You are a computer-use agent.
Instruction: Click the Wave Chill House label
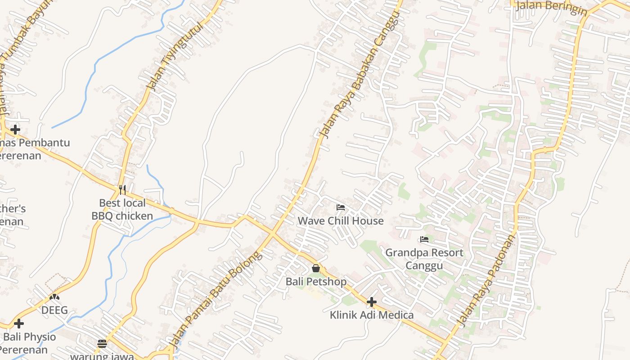[x=341, y=221]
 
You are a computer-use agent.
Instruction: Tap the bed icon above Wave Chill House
[x=341, y=207]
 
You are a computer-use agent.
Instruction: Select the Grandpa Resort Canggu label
[x=424, y=259]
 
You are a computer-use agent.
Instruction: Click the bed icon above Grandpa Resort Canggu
[x=424, y=239]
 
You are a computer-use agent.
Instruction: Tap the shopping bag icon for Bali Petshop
[x=316, y=268]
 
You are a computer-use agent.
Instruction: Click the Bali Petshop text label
[x=316, y=282]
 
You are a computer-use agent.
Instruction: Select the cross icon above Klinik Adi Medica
[x=372, y=301]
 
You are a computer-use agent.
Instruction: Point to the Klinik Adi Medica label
[x=372, y=315]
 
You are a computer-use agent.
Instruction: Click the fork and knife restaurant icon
[x=122, y=189]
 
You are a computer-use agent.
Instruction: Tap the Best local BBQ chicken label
[x=122, y=210]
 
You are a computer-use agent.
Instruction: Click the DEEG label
[x=54, y=310]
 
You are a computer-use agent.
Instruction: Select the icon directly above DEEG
[x=54, y=297]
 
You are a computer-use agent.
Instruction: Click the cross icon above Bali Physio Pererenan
[x=19, y=324]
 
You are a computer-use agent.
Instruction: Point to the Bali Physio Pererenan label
[x=29, y=343]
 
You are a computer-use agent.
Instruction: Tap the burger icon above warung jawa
[x=102, y=344]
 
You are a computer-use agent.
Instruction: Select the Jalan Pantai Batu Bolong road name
[x=215, y=299]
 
